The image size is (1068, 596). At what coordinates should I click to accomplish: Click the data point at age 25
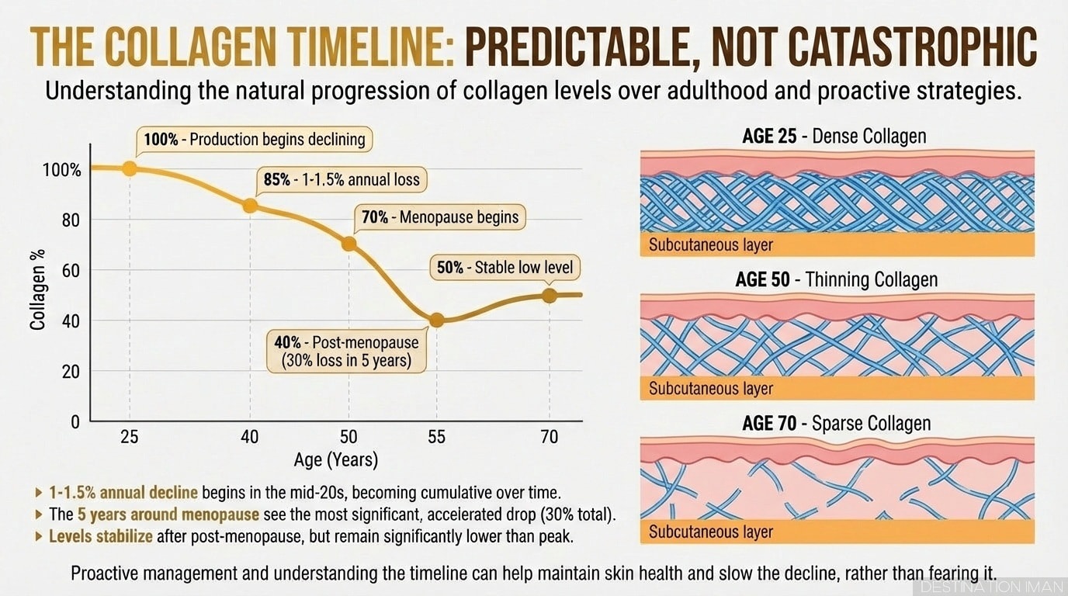(x=130, y=168)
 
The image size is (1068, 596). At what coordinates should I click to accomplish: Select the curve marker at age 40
(x=250, y=206)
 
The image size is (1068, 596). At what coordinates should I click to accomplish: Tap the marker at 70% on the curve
(x=349, y=244)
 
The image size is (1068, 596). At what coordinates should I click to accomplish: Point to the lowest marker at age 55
(x=436, y=320)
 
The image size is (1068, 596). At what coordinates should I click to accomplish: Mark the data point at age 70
(x=550, y=295)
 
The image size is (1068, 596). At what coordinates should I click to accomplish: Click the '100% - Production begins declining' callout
(x=254, y=140)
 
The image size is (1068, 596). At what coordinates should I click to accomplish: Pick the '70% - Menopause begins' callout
(x=439, y=217)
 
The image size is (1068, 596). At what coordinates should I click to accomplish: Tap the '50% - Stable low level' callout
(x=504, y=268)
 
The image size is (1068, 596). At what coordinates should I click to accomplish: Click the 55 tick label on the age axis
(x=436, y=437)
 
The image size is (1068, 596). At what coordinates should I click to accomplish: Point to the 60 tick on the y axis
(x=71, y=270)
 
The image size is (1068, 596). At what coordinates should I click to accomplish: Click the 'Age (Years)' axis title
(x=336, y=460)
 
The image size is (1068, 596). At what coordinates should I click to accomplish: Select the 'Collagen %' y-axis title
(x=36, y=289)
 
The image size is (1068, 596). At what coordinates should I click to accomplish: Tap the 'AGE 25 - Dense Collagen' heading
(x=834, y=137)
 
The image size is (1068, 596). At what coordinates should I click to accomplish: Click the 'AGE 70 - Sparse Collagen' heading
(x=836, y=424)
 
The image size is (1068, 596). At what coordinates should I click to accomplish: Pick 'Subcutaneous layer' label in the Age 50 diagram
(x=711, y=388)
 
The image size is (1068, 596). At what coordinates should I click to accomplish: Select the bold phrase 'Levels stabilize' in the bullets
(x=102, y=536)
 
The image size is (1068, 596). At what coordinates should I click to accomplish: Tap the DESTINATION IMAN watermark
(x=993, y=587)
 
